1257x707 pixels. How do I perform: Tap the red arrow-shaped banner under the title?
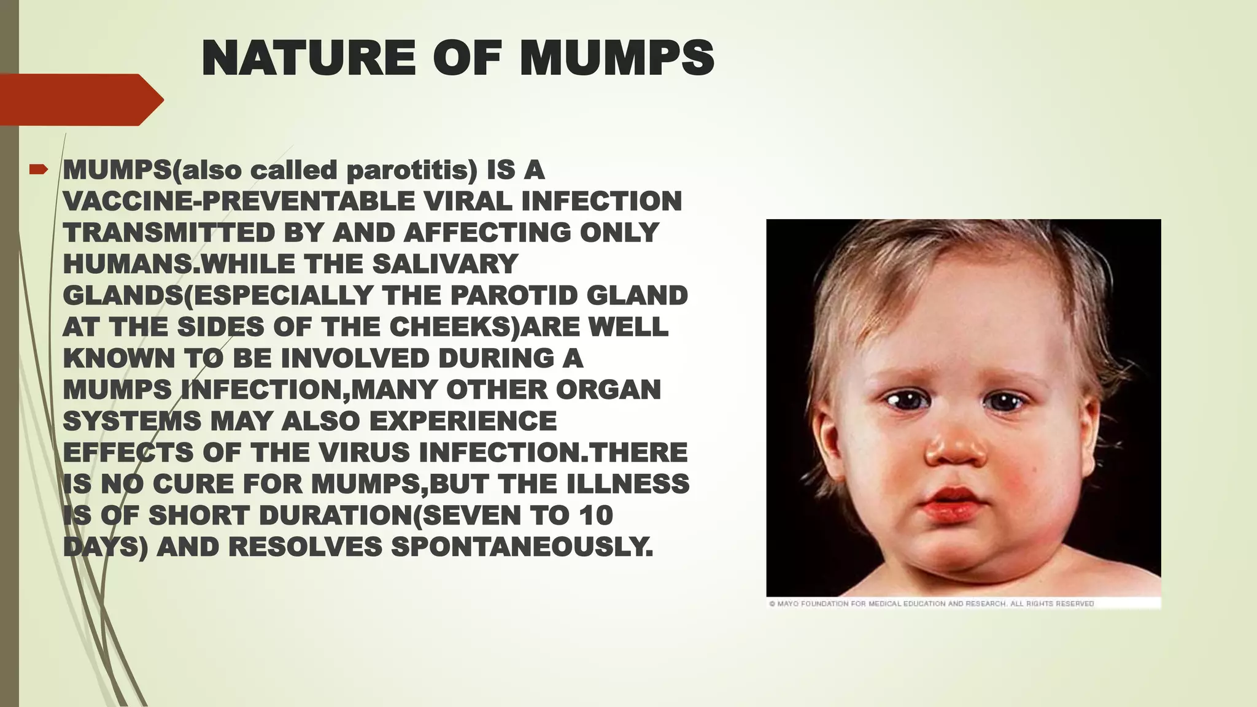coord(80,99)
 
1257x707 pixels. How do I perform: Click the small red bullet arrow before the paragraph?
coord(38,169)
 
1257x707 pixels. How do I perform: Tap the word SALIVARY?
coord(445,265)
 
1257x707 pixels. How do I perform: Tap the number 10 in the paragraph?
coord(595,516)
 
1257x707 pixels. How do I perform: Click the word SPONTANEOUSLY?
coord(522,547)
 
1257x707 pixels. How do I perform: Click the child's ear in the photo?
coord(832,430)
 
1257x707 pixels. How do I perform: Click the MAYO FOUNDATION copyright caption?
coord(931,604)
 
